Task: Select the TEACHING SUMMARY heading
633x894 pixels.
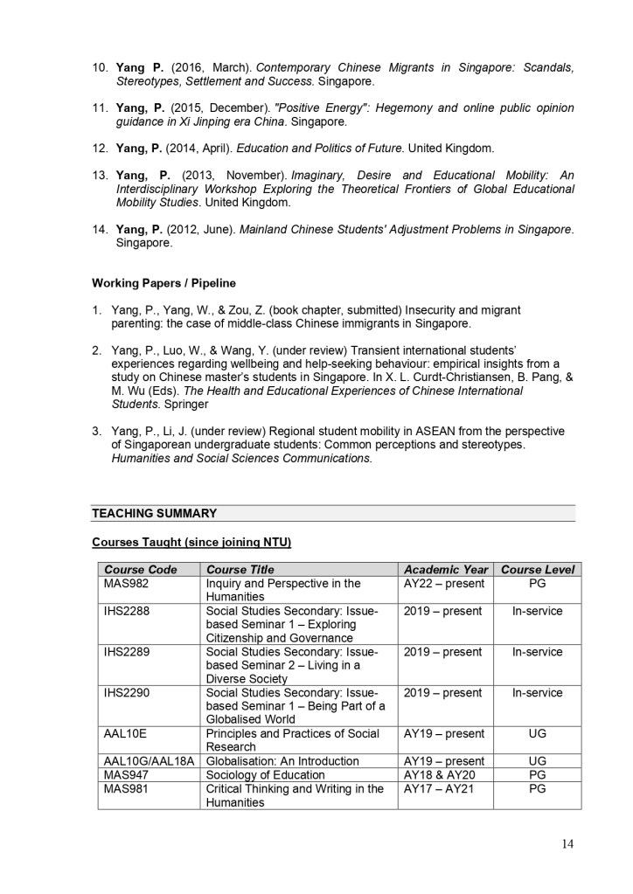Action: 154,513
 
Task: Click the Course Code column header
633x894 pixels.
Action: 140,570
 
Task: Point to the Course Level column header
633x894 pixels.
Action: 538,570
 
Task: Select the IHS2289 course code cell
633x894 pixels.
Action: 127,652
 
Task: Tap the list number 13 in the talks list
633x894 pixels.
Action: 99,176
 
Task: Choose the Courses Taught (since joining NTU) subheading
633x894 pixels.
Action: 191,543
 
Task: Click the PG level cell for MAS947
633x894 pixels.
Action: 538,775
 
